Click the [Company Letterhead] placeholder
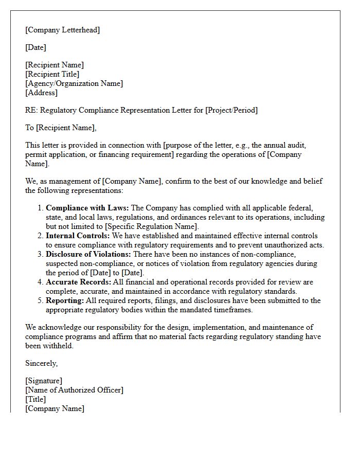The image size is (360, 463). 62,30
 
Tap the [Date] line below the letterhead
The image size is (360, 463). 35,47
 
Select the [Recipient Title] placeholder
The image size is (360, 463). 52,74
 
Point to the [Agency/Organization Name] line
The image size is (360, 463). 74,83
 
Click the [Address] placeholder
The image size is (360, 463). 41,93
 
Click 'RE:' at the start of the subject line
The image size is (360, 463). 31,110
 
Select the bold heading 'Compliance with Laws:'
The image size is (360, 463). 87,208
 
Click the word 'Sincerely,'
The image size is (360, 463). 41,363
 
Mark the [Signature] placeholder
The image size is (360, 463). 44,381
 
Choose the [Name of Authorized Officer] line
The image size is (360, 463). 74,390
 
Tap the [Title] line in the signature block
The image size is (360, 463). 35,399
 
